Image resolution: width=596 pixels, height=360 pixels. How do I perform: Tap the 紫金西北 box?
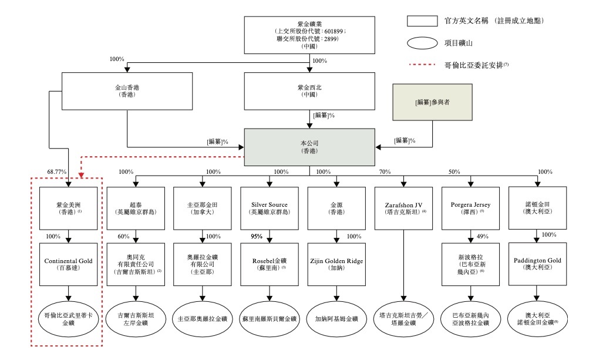point(309,90)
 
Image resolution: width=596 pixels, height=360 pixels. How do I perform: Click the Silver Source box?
point(270,208)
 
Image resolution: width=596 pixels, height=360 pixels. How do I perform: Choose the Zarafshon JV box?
point(403,208)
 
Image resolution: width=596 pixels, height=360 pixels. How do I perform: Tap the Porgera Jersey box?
point(470,208)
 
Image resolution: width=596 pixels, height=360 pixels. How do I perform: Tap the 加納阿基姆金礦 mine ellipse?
point(336,319)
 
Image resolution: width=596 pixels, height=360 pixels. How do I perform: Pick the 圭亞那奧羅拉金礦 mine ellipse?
point(203,319)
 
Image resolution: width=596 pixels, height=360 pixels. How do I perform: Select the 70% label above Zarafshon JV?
point(385,172)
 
